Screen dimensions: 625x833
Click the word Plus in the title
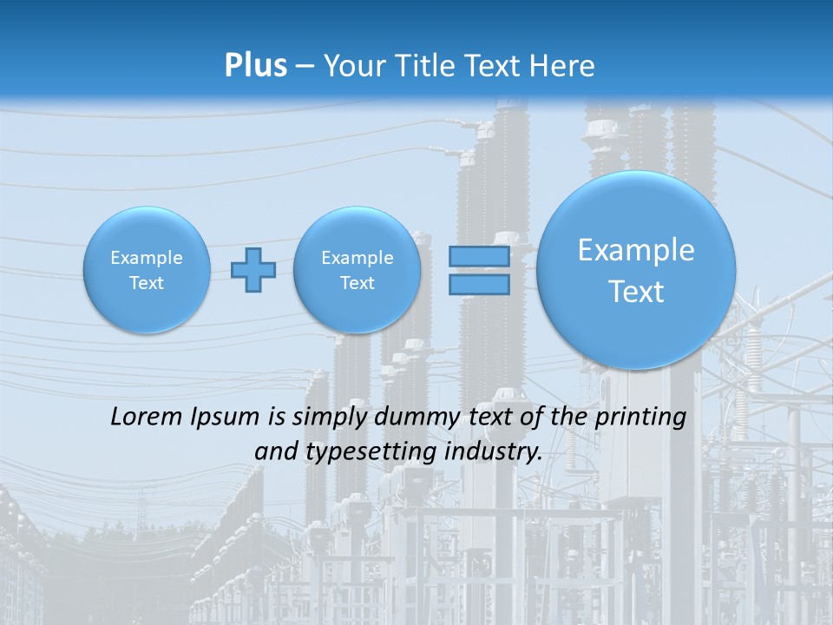pyautogui.click(x=255, y=66)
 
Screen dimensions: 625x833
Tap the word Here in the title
pyautogui.click(x=564, y=66)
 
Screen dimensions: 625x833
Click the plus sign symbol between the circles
pyautogui.click(x=253, y=270)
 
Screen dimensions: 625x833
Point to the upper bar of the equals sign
pyautogui.click(x=478, y=256)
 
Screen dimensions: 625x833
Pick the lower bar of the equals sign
pyautogui.click(x=478, y=285)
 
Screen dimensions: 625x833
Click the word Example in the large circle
pyautogui.click(x=636, y=251)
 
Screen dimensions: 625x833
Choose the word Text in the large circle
pyautogui.click(x=636, y=292)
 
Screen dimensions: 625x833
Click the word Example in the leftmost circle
pyautogui.click(x=147, y=258)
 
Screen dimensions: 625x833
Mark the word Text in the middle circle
pyautogui.click(x=357, y=283)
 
